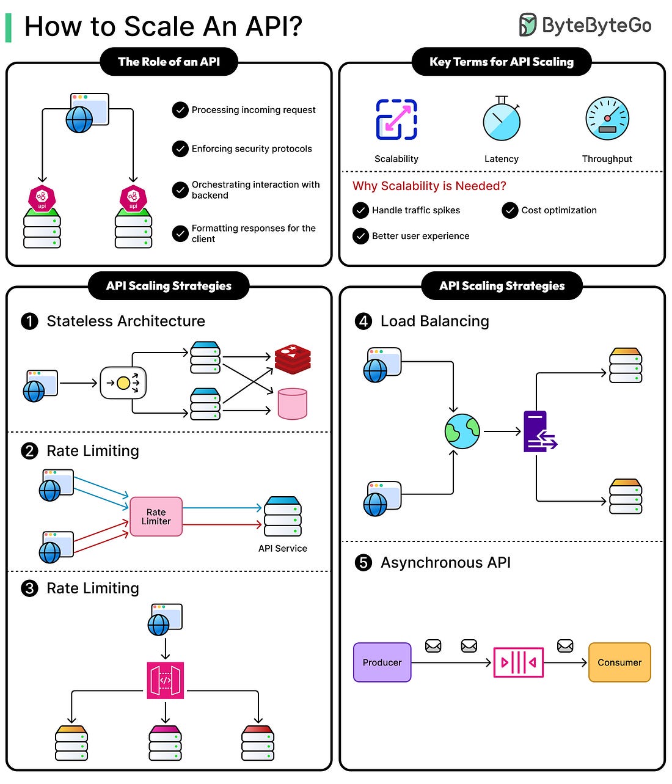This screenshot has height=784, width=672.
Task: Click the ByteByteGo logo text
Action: (596, 25)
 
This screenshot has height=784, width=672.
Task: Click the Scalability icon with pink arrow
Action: (396, 119)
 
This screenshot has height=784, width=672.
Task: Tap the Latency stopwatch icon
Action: (502, 119)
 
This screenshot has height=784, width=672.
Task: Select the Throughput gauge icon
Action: (607, 119)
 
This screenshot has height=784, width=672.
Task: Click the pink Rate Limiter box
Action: (156, 516)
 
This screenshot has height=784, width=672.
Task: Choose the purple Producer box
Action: (382, 662)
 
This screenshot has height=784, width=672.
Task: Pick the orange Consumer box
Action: (619, 662)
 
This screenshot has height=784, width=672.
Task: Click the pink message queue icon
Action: (518, 662)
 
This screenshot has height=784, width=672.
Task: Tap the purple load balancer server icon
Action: (538, 431)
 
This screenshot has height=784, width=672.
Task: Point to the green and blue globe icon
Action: (462, 431)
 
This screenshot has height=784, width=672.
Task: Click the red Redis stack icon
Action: (293, 359)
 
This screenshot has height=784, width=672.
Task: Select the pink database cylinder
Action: (293, 403)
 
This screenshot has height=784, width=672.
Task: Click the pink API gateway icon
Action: (166, 680)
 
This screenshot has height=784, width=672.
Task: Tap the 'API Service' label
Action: (282, 549)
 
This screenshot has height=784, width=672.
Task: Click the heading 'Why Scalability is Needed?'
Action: (429, 186)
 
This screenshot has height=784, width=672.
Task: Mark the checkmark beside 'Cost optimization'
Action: (510, 210)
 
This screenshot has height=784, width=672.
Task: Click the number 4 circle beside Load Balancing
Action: (363, 321)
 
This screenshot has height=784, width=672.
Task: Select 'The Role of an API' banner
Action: (169, 62)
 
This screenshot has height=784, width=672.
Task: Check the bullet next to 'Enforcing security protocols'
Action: (180, 149)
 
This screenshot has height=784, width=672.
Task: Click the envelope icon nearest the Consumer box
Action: (565, 645)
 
